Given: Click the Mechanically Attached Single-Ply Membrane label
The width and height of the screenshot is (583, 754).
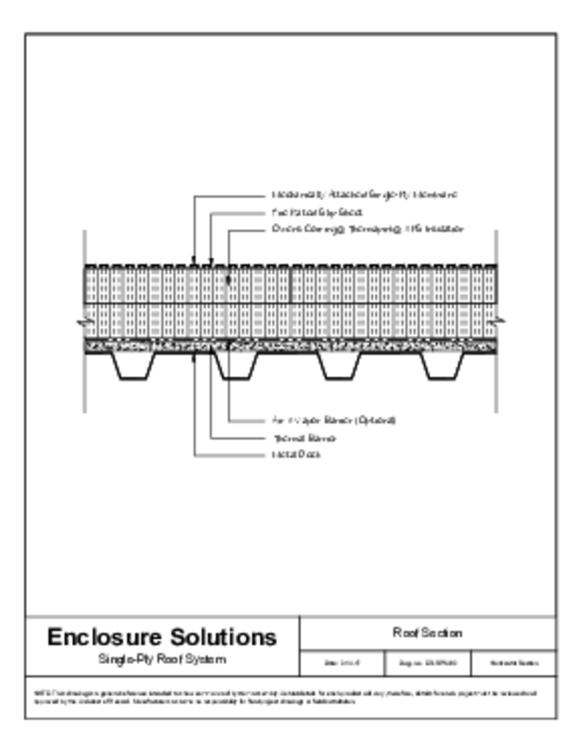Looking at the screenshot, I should (x=365, y=195).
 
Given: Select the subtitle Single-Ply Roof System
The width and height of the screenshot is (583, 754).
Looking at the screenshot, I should (x=162, y=660).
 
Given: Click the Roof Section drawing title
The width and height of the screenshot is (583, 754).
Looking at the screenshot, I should (x=428, y=633).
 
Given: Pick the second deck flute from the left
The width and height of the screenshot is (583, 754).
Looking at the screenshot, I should (x=237, y=366).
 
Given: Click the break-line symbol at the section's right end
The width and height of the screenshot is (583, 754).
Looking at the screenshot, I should (x=500, y=321).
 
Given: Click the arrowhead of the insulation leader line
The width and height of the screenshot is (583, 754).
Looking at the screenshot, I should (x=229, y=280).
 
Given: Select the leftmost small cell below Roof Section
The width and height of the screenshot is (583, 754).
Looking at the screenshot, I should (x=342, y=663).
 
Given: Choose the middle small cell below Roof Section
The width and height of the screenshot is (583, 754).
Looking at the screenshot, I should (x=428, y=663).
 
